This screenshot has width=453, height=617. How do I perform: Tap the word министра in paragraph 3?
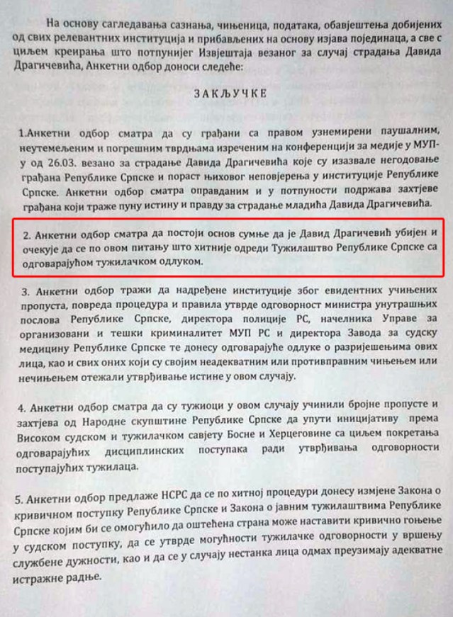point(332,306)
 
